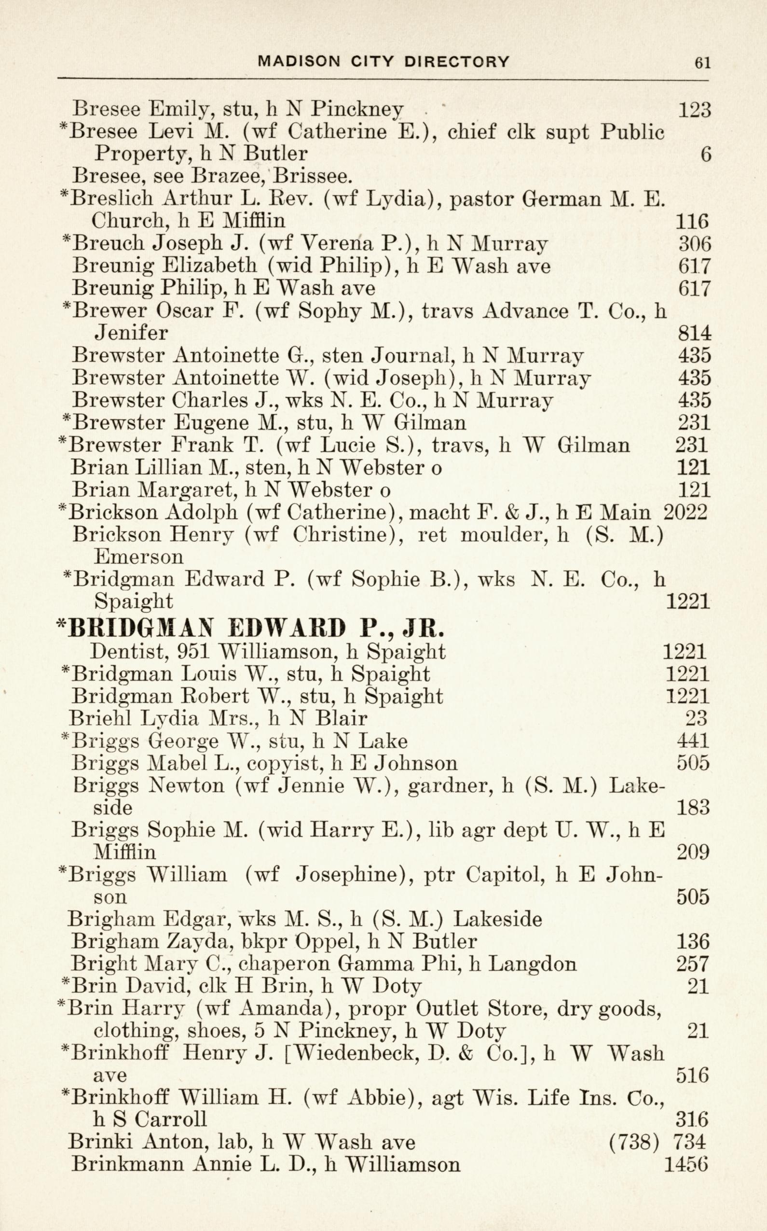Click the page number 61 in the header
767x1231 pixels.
click(x=702, y=62)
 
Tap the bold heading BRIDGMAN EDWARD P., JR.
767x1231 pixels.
click(x=251, y=629)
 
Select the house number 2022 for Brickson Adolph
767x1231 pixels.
click(x=685, y=513)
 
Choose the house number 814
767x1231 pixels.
click(x=694, y=334)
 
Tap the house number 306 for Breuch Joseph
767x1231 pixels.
click(x=694, y=244)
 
